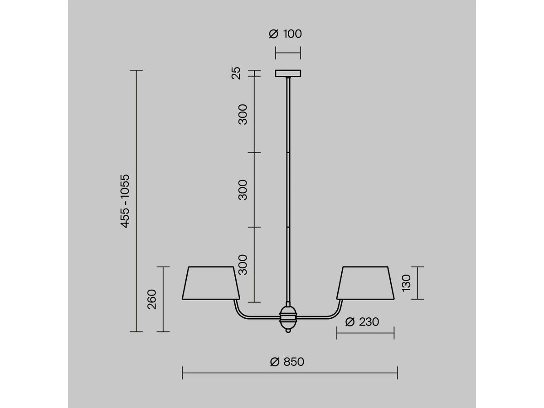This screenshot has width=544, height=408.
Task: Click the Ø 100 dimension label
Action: pyautogui.click(x=285, y=34)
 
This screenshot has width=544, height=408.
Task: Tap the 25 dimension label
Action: pyautogui.click(x=236, y=73)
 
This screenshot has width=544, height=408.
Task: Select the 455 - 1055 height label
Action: pyautogui.click(x=125, y=201)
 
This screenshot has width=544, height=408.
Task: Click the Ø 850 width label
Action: pyautogui.click(x=287, y=362)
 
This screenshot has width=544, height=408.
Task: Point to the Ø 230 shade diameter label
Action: pyautogui.click(x=362, y=322)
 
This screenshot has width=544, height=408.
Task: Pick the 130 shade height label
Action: pyautogui.click(x=406, y=283)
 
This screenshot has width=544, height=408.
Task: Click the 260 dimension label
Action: pyautogui.click(x=152, y=300)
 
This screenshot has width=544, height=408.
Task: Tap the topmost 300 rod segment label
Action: pyautogui.click(x=243, y=114)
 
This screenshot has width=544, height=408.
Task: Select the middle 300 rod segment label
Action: pyautogui.click(x=243, y=190)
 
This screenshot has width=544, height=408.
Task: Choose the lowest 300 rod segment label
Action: pyautogui.click(x=243, y=265)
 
